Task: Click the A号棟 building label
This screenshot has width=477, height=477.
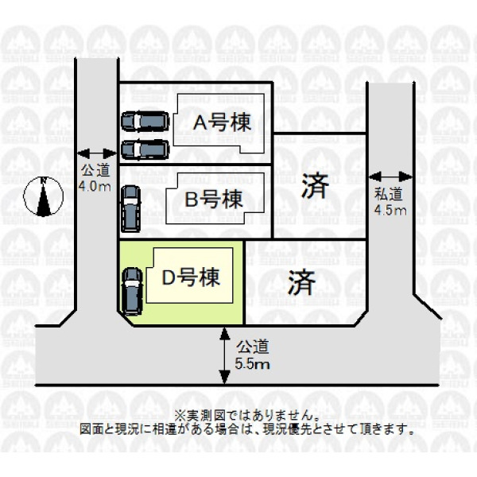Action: [222, 122]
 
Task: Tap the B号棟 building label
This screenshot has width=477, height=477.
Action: [214, 200]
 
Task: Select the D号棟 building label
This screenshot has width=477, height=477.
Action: [191, 277]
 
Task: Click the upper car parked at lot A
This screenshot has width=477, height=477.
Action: [145, 122]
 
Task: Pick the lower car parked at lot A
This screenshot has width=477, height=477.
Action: [145, 149]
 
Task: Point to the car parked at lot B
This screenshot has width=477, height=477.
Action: [131, 209]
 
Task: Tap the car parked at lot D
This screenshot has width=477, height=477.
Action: [132, 292]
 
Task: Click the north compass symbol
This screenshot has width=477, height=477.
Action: [44, 196]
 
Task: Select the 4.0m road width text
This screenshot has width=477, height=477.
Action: [95, 186]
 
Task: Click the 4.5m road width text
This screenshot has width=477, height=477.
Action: [390, 210]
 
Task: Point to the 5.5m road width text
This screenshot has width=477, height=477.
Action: [252, 364]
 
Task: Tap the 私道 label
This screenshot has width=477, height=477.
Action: [389, 194]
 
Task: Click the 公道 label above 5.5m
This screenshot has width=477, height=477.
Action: [253, 347]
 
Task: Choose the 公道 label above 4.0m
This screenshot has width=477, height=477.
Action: [95, 170]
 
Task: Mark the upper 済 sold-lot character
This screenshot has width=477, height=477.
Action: [315, 186]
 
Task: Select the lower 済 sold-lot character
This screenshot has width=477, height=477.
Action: [302, 282]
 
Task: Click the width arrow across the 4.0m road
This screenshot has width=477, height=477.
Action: [97, 153]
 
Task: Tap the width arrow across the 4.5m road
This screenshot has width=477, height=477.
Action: [390, 176]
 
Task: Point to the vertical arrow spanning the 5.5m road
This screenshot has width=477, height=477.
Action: [224, 355]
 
